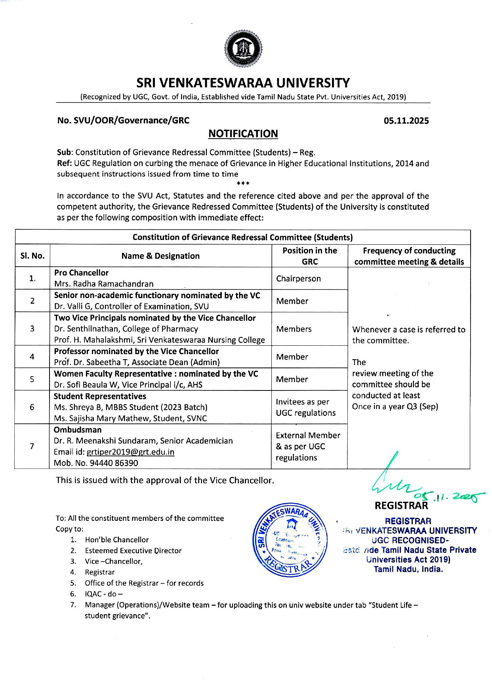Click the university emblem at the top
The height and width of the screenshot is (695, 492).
(x=243, y=49)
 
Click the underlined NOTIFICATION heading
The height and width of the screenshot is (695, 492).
(x=243, y=134)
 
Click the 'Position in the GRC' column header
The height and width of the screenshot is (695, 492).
(x=309, y=256)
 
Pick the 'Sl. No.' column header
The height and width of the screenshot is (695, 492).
(x=32, y=256)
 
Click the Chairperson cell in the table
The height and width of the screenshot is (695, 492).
(x=298, y=278)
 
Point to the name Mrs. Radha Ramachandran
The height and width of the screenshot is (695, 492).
(x=104, y=284)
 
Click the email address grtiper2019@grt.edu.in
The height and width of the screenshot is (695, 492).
(x=130, y=452)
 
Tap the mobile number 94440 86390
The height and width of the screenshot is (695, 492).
(x=110, y=463)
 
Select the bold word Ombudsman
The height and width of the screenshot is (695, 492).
(x=78, y=430)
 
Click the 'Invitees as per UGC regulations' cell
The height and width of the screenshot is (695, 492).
(x=305, y=407)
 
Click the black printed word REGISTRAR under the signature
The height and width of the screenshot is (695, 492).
(x=401, y=506)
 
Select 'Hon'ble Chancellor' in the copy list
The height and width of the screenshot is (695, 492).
(x=117, y=540)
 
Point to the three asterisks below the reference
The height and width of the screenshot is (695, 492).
(x=243, y=183)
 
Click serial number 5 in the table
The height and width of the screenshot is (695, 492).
(x=32, y=379)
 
